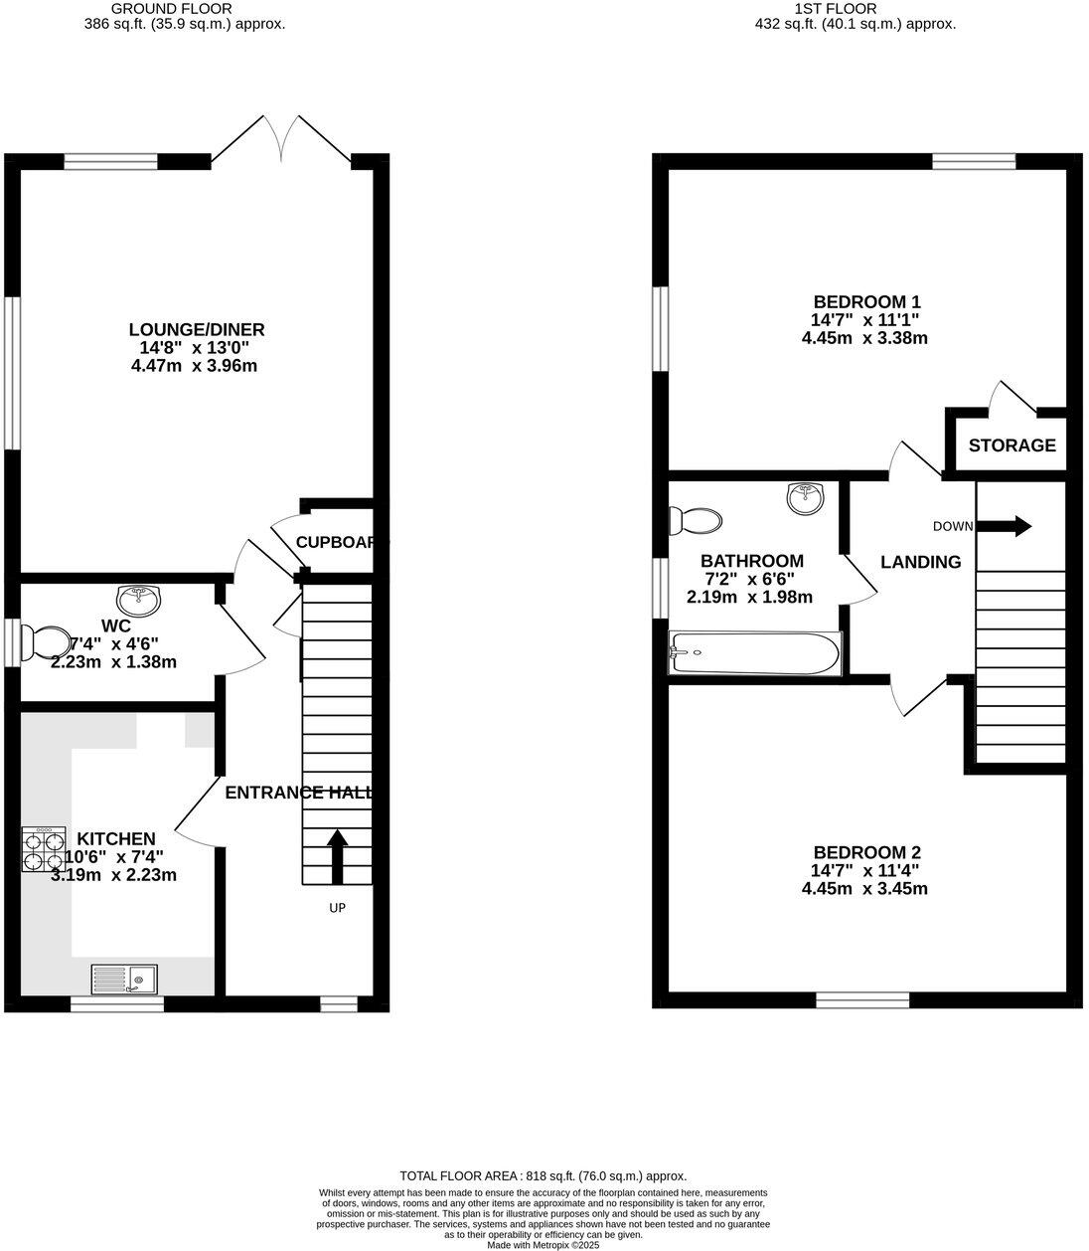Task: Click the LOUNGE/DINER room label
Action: tap(196, 330)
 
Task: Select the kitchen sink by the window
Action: tap(123, 980)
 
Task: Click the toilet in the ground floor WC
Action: tap(46, 642)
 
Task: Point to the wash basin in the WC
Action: tap(137, 600)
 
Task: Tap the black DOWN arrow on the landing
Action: tap(1009, 526)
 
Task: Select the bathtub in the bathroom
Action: tap(756, 653)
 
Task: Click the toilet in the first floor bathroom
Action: tap(694, 520)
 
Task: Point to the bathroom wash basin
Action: tap(806, 497)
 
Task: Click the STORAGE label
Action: tap(1011, 446)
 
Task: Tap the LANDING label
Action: tap(920, 562)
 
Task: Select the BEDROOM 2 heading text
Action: tap(866, 852)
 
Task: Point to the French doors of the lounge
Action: tap(281, 139)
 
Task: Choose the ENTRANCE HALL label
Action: tap(299, 793)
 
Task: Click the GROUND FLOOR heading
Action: tap(185, 9)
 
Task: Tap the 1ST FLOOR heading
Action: tap(836, 9)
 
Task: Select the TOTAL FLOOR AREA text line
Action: tap(543, 1175)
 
